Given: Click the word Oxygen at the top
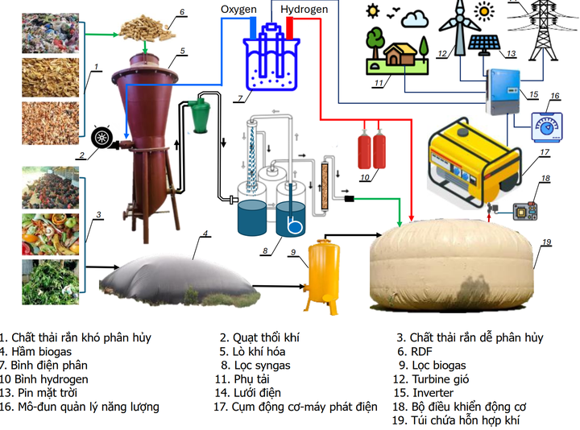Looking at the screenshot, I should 238,10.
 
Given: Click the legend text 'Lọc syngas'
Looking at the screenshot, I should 260,365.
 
